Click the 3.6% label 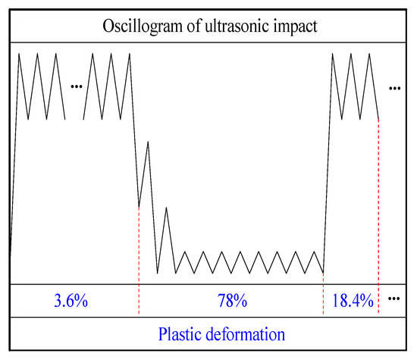(71, 301)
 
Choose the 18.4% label (353, 301)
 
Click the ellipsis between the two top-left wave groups (75, 86)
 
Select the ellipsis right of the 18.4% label (393, 299)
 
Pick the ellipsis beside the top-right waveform (393, 89)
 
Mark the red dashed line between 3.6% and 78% (140, 258)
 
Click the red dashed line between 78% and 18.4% (324, 296)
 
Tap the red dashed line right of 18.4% (378, 227)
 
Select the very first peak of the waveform (19, 54)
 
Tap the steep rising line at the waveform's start (14, 152)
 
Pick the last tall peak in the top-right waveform (369, 54)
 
